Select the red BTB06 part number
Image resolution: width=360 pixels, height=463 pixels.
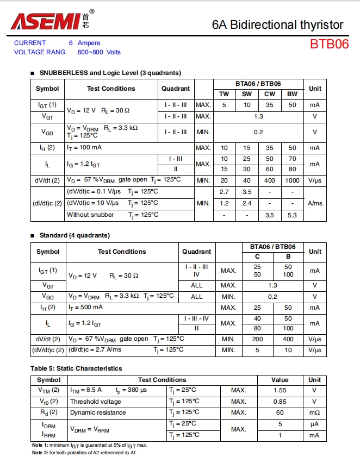329,44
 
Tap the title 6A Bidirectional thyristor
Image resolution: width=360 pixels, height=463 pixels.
277,24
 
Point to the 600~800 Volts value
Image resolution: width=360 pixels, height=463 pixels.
99,52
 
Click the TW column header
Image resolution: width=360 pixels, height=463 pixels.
224,94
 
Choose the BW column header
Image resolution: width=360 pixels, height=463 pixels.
292,94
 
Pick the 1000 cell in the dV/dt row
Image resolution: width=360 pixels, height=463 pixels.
292,180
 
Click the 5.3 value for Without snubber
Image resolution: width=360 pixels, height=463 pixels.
292,215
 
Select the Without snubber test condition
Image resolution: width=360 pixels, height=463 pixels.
90,215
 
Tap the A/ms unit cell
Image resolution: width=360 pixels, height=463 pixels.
315,203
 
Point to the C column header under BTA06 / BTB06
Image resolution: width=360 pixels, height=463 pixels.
257,256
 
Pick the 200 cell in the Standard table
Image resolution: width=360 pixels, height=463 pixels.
257,339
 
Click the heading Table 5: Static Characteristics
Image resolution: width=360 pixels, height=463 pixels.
76,368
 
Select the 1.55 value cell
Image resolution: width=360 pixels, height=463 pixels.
280,390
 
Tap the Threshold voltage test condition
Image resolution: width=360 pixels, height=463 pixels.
95,402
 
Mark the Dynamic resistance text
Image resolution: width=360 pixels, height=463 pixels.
98,412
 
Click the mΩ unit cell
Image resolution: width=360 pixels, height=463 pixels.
315,412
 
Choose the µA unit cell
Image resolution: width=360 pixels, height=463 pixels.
315,424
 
